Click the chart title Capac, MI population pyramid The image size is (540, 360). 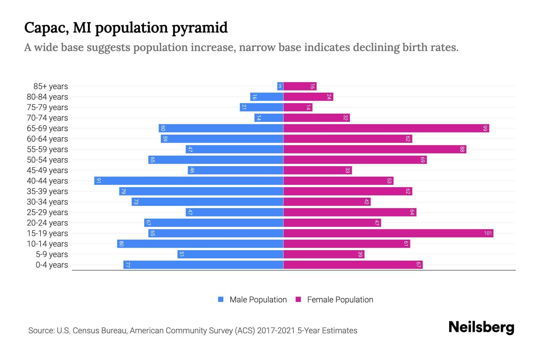pyautogui.click(x=126, y=28)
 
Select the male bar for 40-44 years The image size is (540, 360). pyautogui.click(x=189, y=181)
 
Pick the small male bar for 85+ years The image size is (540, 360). pyautogui.click(x=280, y=86)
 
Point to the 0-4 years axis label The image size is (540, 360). pyautogui.click(x=52, y=265)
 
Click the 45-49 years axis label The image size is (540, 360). pyautogui.click(x=47, y=170)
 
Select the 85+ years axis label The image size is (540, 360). pyautogui.click(x=50, y=86)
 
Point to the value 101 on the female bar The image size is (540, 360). pyautogui.click(x=488, y=233)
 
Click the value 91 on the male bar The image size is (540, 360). pyautogui.click(x=98, y=181)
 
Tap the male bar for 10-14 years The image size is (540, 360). pyautogui.click(x=200, y=244)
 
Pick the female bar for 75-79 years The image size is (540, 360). pyautogui.click(x=298, y=107)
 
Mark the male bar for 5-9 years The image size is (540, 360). pyautogui.click(x=230, y=254)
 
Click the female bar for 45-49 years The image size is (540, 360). pyautogui.click(x=317, y=170)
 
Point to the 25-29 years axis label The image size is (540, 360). pyautogui.click(x=47, y=212)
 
